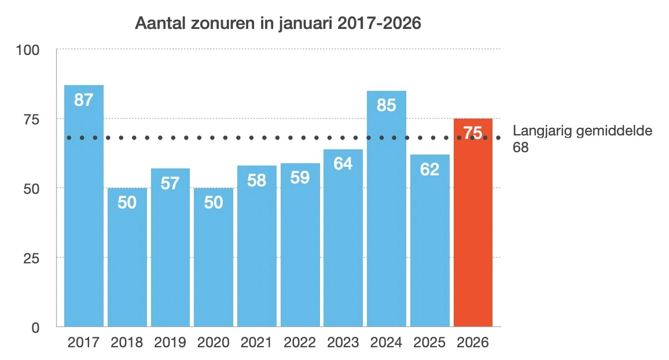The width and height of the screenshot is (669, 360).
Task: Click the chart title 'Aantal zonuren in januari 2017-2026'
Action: [x=277, y=24]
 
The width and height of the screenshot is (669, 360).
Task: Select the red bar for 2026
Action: [x=473, y=232]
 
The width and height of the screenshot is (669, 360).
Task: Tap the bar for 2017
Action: [x=84, y=220]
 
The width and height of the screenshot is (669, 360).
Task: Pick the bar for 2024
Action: [x=387, y=220]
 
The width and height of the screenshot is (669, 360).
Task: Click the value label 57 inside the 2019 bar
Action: [x=170, y=183]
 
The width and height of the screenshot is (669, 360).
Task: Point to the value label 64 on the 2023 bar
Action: [x=343, y=164]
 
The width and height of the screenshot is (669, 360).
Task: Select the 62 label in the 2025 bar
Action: [x=430, y=170]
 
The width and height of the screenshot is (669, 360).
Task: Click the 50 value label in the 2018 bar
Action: [x=127, y=203]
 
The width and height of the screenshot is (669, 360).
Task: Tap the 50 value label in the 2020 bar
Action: [x=214, y=203]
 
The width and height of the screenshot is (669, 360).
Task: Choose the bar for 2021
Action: [x=257, y=255]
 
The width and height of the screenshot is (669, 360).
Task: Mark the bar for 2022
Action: [x=300, y=255]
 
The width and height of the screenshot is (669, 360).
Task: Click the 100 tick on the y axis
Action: [x=27, y=50]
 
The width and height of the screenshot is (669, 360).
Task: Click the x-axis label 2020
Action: [x=214, y=343]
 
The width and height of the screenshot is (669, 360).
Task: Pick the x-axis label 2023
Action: [x=343, y=343]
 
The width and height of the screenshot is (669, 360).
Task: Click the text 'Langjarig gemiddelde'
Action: [x=582, y=131]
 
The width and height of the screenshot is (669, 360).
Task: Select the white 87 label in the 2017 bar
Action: [x=84, y=100]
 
